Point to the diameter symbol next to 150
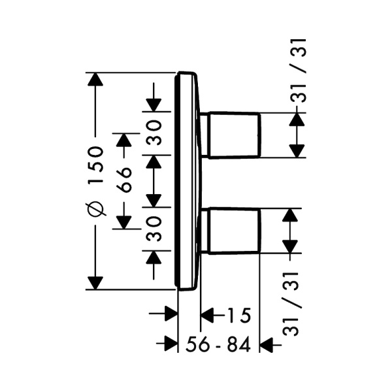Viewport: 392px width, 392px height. [x=95, y=210]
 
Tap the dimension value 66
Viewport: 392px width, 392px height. [x=123, y=178]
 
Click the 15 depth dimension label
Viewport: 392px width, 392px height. [x=238, y=316]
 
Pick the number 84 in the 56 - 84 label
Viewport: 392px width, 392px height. [x=238, y=344]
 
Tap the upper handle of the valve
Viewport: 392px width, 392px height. [x=233, y=135]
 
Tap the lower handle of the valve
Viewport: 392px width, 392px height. [x=233, y=231]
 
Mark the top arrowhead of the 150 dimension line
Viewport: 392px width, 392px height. [x=95, y=79]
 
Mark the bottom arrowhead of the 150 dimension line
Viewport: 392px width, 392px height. [x=95, y=282]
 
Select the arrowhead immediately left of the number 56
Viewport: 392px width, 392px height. [x=171, y=344]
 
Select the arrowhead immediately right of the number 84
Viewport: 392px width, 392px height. [x=267, y=344]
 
